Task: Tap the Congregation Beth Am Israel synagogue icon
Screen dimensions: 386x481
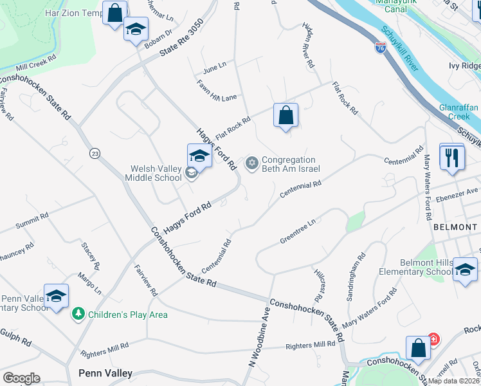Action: [252, 163]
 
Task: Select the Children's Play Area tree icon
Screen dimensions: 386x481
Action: [78, 314]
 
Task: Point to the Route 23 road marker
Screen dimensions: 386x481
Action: [95, 153]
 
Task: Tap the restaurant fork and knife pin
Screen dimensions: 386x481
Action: [453, 156]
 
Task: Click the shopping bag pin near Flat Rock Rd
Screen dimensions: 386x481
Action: [286, 116]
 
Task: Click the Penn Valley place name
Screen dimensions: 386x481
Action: [105, 373]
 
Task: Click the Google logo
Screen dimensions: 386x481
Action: [21, 378]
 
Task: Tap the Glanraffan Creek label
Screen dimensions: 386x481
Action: [459, 112]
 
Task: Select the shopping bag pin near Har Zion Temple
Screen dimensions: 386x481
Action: [114, 13]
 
